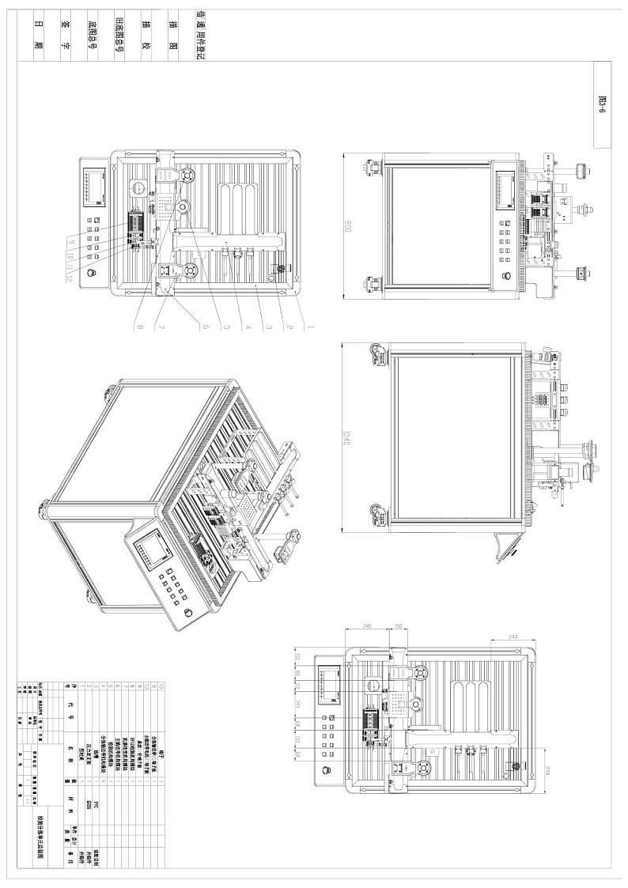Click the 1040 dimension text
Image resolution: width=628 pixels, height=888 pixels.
point(345,439)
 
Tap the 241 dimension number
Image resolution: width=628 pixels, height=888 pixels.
point(366,625)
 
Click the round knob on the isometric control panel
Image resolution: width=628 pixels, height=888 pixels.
point(188,614)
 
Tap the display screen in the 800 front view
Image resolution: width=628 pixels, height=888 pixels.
point(505,187)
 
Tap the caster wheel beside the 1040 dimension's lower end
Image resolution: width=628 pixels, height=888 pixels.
point(374,514)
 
